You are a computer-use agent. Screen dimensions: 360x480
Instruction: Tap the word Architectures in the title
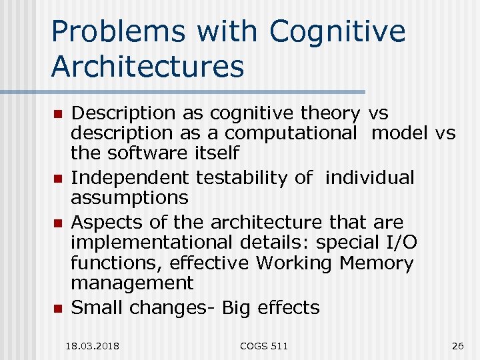pyautogui.click(x=148, y=66)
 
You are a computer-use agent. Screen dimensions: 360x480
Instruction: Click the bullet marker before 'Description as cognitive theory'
pyautogui.click(x=58, y=114)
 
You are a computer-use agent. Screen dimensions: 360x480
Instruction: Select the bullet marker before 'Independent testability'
pyautogui.click(x=58, y=179)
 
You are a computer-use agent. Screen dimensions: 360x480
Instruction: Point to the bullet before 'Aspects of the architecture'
pyautogui.click(x=58, y=222)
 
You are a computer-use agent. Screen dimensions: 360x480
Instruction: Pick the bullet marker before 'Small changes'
pyautogui.click(x=58, y=309)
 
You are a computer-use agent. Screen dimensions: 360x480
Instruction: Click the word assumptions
pyautogui.click(x=129, y=197)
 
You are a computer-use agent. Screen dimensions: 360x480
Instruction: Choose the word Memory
pyautogui.click(x=376, y=263)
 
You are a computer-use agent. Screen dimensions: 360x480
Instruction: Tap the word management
pyautogui.click(x=132, y=284)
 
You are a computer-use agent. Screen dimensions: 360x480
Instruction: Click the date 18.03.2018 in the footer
pyautogui.click(x=93, y=346)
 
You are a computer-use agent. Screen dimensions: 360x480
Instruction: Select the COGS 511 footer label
pyautogui.click(x=265, y=346)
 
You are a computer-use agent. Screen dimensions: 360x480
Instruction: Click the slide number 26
pyautogui.click(x=457, y=346)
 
